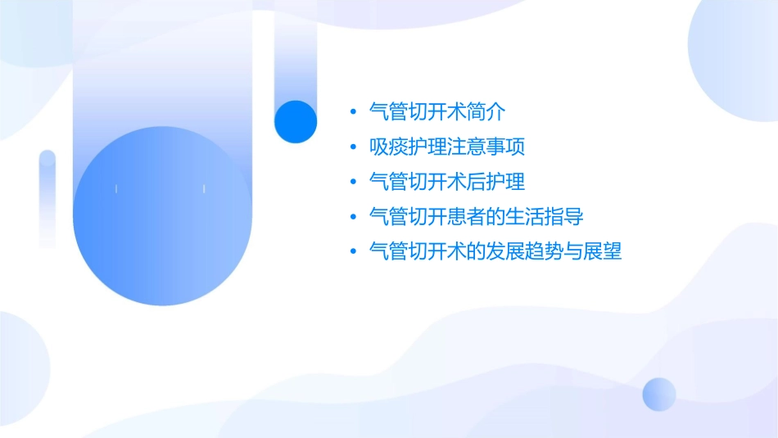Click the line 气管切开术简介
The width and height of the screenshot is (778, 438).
tap(438, 112)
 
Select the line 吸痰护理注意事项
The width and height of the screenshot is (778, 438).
tap(447, 147)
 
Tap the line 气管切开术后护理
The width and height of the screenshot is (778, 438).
tap(447, 182)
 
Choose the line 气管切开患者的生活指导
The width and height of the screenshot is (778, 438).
tap(477, 217)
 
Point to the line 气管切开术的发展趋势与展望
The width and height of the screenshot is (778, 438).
tap(495, 251)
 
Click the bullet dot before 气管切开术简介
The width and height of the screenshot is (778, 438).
tap(353, 113)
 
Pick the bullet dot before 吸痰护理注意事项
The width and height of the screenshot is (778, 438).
tap(353, 148)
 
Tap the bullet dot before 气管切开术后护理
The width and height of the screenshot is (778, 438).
tap(353, 183)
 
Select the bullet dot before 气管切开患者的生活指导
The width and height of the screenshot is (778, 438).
tap(353, 218)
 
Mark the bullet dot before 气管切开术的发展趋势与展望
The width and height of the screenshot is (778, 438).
tap(353, 252)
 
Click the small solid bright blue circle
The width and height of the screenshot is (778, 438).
tap(296, 121)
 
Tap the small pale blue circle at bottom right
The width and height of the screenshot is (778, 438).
tap(659, 394)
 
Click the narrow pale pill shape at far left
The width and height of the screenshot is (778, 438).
tap(47, 199)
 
